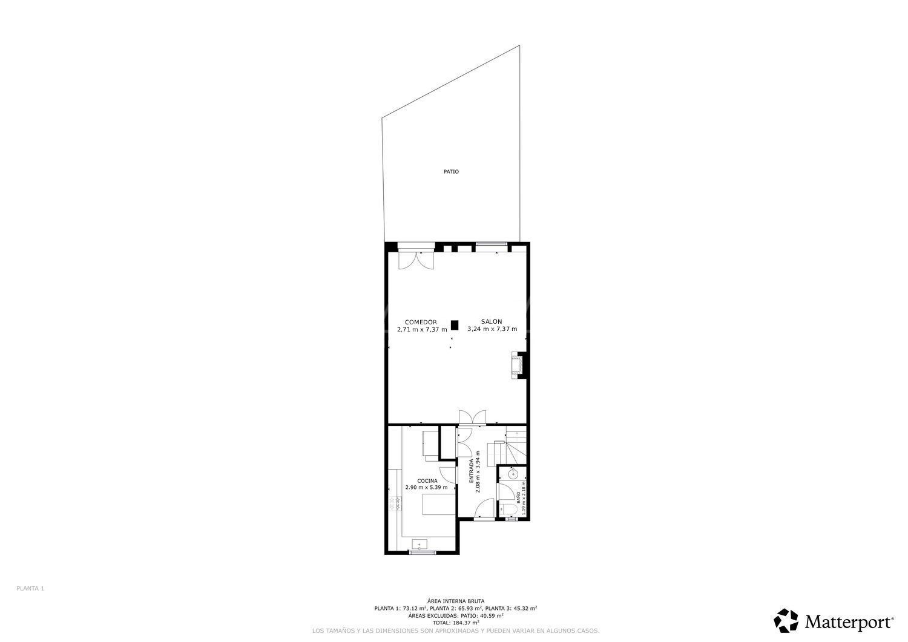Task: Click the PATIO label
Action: [x=451, y=172]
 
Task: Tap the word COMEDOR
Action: [x=421, y=322]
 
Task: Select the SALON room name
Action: [x=492, y=322]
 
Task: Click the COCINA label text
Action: [x=427, y=481]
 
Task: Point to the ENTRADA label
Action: [x=471, y=471]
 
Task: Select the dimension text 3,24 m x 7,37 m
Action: [x=492, y=329]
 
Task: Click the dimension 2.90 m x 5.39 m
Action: [x=427, y=488]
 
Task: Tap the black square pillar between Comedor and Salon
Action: [x=455, y=325]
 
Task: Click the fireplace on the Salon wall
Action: [x=518, y=365]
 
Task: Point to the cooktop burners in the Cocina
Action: [x=398, y=502]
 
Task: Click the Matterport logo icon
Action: [x=786, y=621]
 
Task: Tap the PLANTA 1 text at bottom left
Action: [x=30, y=588]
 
